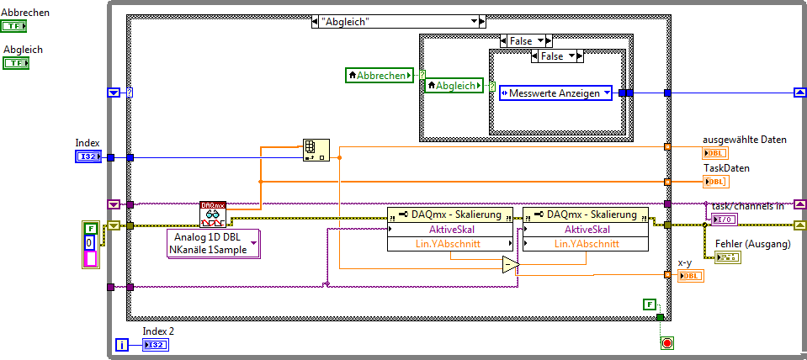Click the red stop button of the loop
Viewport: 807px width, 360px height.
tap(667, 343)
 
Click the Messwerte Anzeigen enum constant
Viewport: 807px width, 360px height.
tap(555, 93)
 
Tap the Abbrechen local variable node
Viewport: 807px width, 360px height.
tap(380, 75)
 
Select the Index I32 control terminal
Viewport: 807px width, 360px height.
tap(88, 156)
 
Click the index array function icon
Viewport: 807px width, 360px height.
tap(316, 150)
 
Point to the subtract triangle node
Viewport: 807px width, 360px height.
tap(510, 266)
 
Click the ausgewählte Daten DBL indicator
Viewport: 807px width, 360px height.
tap(714, 153)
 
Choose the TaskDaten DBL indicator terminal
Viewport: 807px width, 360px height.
tap(716, 182)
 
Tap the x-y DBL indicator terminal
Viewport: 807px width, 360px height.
tap(689, 276)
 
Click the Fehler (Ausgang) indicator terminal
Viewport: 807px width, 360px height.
tap(727, 257)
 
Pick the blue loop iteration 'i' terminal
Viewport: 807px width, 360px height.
tap(123, 345)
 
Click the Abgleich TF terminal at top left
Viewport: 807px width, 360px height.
tap(16, 63)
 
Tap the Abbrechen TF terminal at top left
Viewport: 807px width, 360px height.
tap(13, 27)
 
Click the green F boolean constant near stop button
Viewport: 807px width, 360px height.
tap(648, 304)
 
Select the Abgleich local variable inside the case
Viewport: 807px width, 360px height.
tap(454, 86)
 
